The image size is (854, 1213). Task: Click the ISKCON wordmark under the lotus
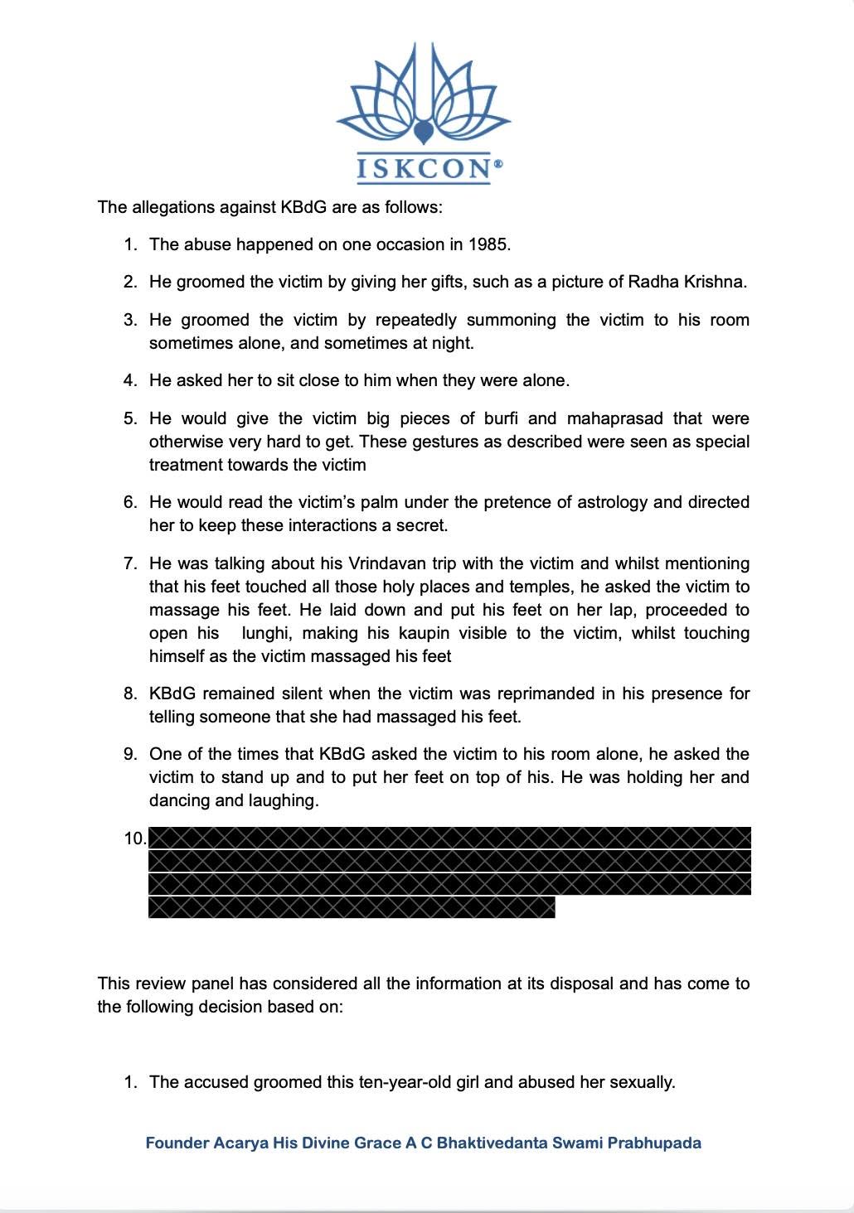click(423, 168)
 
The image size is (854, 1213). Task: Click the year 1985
click(489, 244)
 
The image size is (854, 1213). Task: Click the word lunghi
click(264, 633)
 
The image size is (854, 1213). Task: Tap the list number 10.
click(134, 838)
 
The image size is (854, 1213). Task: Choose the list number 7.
click(130, 563)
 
